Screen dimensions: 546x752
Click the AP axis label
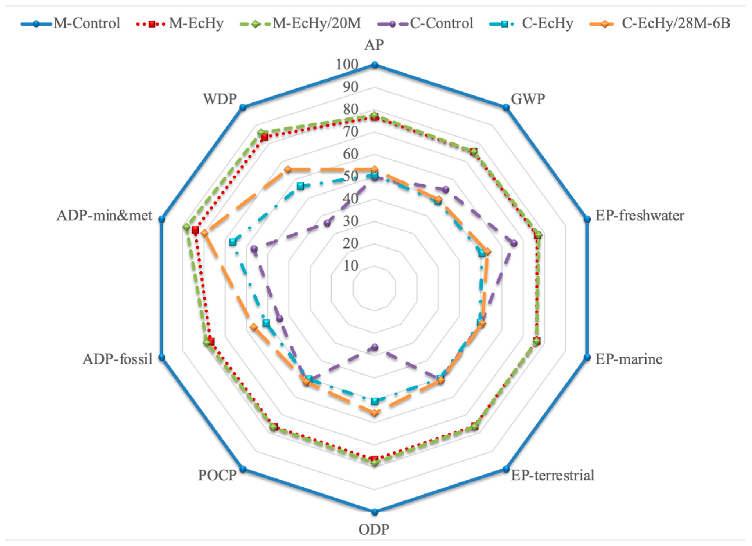click(374, 45)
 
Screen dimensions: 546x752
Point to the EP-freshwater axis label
click(640, 216)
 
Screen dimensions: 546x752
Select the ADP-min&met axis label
click(105, 216)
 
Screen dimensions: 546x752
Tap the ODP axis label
click(374, 529)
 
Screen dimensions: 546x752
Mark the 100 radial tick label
click(347, 65)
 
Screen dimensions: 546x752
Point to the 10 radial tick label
click(351, 266)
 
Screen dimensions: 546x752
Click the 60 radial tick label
click(351, 154)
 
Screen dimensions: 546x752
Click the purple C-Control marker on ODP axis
click(375, 347)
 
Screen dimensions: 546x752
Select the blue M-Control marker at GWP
click(506, 107)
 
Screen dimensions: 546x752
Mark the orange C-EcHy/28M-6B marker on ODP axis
click(375, 413)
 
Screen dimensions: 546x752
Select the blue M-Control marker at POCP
click(243, 469)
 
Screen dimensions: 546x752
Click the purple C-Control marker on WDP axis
click(328, 223)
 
